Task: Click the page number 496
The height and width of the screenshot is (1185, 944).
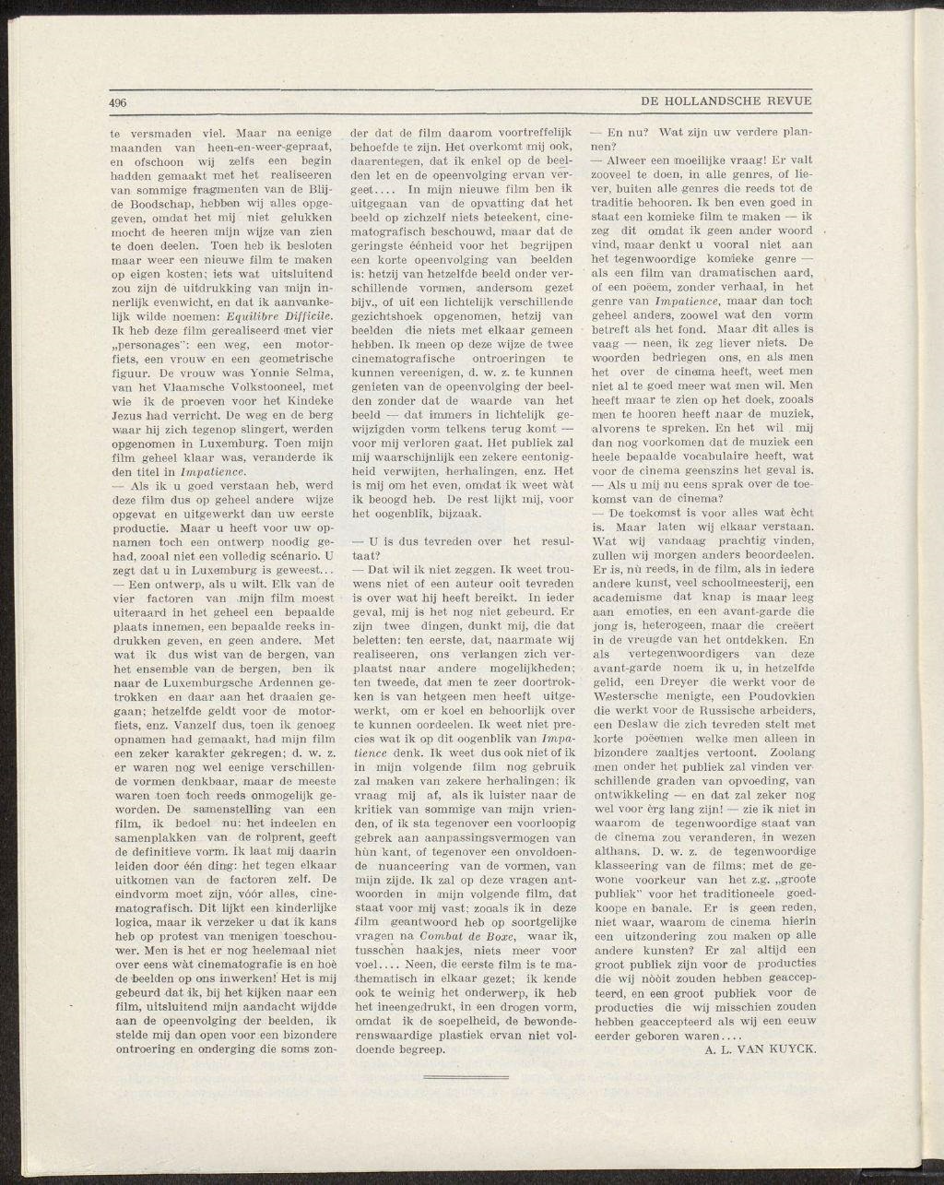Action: click(117, 101)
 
